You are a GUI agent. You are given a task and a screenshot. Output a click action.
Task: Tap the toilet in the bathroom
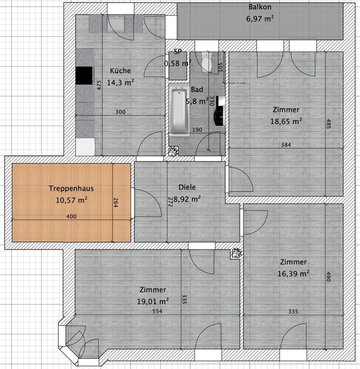tap(206, 62)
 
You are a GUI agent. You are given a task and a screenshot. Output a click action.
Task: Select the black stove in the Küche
tap(84, 76)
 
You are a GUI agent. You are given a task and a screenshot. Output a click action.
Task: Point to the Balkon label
tap(260, 7)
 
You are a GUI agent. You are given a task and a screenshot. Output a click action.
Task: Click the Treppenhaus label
tap(71, 188)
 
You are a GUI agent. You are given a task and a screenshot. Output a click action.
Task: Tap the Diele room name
tap(187, 187)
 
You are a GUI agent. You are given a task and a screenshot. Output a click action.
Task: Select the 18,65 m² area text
tap(286, 121)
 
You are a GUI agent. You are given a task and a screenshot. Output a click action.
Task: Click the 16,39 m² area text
tap(294, 274)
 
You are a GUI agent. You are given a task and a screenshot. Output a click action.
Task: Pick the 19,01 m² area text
tap(153, 301)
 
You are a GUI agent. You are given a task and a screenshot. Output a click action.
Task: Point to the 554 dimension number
tap(157, 311)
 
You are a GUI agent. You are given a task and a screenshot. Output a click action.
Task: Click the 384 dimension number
tap(286, 145)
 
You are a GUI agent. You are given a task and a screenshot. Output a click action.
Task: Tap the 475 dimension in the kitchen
tap(99, 85)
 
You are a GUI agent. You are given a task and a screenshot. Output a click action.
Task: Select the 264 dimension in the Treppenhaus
tap(116, 203)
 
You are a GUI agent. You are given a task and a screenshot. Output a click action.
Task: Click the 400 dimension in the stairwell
tap(71, 216)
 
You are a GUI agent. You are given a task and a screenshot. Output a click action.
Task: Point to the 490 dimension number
tap(328, 276)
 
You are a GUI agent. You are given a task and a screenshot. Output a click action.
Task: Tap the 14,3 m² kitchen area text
tap(121, 83)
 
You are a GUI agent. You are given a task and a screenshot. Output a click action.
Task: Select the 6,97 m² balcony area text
tap(260, 18)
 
